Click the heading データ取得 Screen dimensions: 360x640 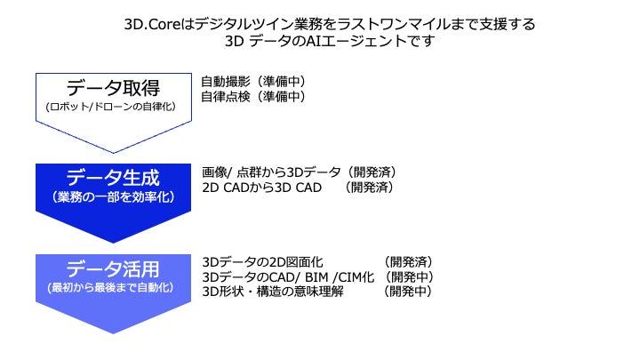click(x=114, y=88)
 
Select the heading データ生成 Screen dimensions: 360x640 click(x=114, y=176)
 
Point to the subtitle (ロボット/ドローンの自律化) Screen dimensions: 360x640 click(x=114, y=107)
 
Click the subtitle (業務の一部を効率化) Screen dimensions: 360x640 click(x=114, y=196)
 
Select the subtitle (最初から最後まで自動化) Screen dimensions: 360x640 click(x=114, y=288)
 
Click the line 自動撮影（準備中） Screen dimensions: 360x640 click(x=253, y=81)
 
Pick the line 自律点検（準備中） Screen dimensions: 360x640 click(x=253, y=96)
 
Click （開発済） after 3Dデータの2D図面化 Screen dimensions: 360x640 click(x=408, y=262)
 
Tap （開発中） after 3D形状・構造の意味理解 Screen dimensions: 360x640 click(x=408, y=291)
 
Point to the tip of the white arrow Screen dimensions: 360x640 click(x=114, y=152)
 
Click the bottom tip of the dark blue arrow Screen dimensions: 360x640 click(x=114, y=242)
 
